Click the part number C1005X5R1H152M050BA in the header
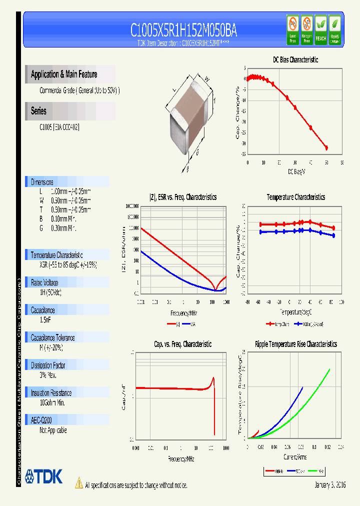point(183,30)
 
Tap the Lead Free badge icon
point(292,29)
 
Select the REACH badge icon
point(320,29)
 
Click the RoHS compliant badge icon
point(335,29)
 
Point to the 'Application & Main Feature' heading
point(64,74)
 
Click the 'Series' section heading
point(38,111)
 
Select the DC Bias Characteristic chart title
point(295,60)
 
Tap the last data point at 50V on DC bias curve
point(326,147)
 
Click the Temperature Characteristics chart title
point(295,197)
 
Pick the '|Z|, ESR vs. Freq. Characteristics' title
point(183,197)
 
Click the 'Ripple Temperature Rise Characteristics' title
point(295,344)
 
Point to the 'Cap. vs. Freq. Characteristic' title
point(182,344)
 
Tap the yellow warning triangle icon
point(78,483)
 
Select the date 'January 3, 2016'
point(330,485)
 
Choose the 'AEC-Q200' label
point(41,420)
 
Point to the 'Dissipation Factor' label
point(49,365)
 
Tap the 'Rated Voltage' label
point(44,282)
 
